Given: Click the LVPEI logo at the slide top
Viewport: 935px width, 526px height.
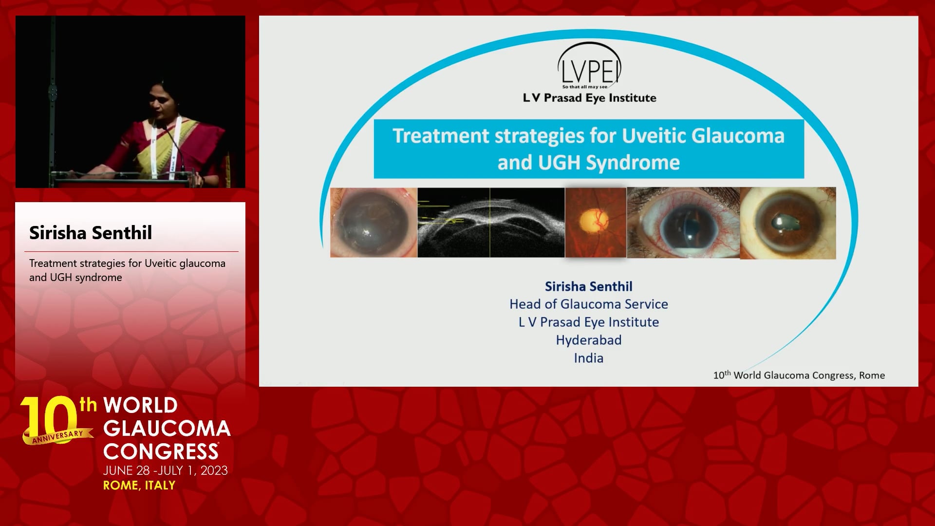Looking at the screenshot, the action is coord(589,66).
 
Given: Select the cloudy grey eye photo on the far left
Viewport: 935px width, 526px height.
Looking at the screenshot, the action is coord(374,223).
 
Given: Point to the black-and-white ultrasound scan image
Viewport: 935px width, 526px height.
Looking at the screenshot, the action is coord(491,223).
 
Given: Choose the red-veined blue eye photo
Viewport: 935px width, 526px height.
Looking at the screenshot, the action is coord(683,223).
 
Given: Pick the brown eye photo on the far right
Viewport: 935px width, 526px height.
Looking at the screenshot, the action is coord(788,223).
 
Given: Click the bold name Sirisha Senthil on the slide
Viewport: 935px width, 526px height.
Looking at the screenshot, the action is coord(588,286).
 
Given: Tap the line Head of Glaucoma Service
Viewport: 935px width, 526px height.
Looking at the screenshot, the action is coord(589,304).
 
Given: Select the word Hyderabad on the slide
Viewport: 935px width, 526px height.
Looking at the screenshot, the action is coord(589,340).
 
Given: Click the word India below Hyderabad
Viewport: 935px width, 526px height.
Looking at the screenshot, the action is coord(588,358).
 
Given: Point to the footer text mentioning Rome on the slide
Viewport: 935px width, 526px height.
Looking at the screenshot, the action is coord(799,375).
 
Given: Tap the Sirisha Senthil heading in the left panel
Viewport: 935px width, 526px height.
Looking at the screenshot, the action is coord(91,233).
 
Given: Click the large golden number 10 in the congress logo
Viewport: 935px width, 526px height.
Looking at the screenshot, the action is coord(50,419).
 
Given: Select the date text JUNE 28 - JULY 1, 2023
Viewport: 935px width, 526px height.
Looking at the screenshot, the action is coord(166,470).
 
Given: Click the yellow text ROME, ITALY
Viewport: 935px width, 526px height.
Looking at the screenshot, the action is coord(139,486).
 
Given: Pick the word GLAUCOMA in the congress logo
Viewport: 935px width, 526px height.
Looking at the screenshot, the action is coord(167,429).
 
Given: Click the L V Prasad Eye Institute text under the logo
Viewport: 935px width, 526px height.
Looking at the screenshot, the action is coord(589,98).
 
